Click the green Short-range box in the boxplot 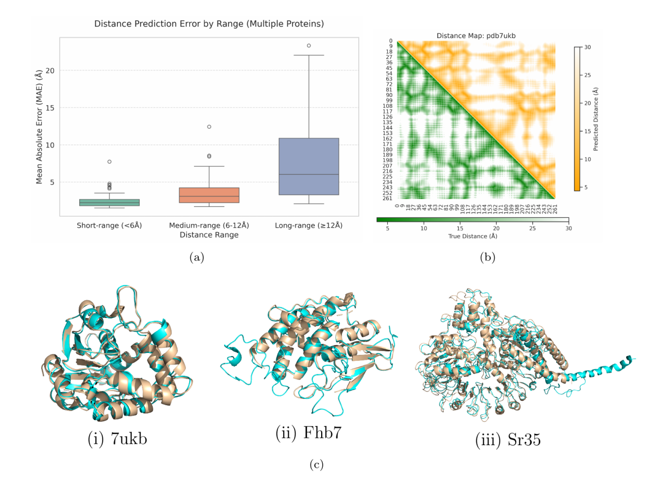(109, 202)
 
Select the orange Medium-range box (209, 195)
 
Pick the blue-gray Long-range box (309, 166)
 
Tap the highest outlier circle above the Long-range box (309, 45)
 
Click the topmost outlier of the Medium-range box (209, 127)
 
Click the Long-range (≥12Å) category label (309, 226)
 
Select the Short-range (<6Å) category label (109, 226)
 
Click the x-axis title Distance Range (209, 235)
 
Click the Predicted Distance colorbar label (596, 119)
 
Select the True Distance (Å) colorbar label (472, 236)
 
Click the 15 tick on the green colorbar (459, 228)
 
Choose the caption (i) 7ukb (117, 439)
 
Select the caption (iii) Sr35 (507, 440)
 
